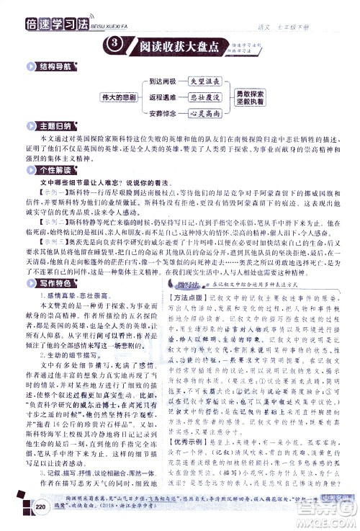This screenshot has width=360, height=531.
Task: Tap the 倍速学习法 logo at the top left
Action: pos(51,10)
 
